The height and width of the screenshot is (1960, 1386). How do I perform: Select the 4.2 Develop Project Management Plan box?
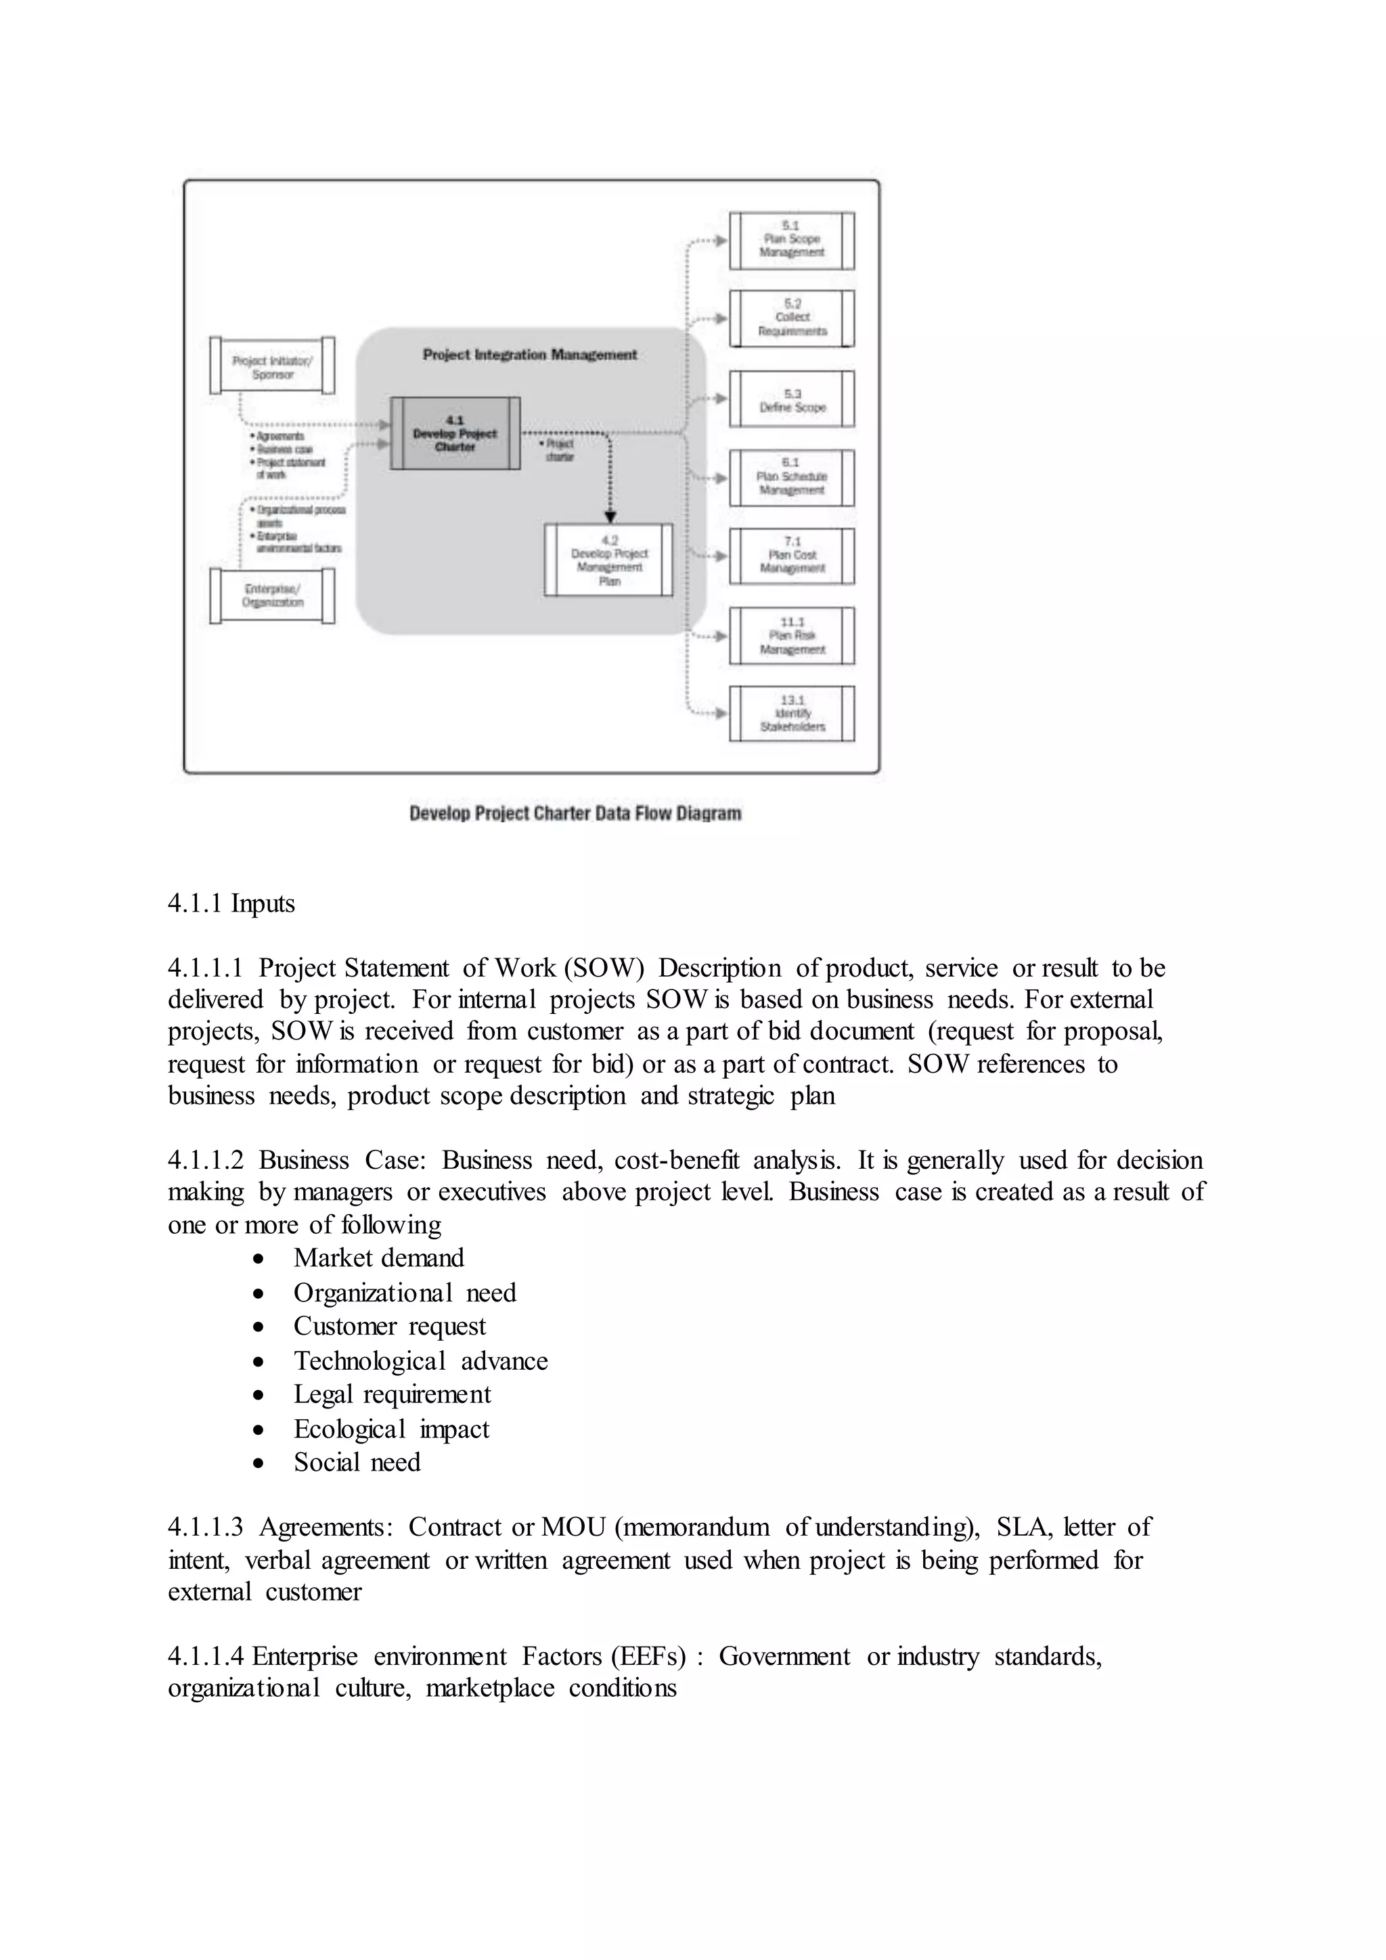608,560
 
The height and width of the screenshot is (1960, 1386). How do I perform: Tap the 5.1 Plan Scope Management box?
791,240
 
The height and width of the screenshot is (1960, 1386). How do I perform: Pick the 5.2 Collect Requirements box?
791,317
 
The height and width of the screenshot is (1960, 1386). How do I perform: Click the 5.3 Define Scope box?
791,399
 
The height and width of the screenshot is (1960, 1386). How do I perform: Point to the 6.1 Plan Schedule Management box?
791,477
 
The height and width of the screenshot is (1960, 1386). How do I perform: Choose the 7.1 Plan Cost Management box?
791,556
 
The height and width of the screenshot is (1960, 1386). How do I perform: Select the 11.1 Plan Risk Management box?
791,636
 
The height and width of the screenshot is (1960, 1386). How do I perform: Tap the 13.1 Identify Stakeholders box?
791,713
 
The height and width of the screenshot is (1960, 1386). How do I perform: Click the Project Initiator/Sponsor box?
272,366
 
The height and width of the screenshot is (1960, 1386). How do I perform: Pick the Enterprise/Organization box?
272,595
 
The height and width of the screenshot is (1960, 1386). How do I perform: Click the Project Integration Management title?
529,354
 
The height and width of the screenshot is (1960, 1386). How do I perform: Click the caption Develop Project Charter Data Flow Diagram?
575,813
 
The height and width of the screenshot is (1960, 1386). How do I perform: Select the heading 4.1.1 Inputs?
231,903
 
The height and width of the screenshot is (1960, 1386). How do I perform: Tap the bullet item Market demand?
379,1257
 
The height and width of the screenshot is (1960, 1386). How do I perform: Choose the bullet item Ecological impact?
391,1428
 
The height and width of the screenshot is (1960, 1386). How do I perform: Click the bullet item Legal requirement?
392,1394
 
